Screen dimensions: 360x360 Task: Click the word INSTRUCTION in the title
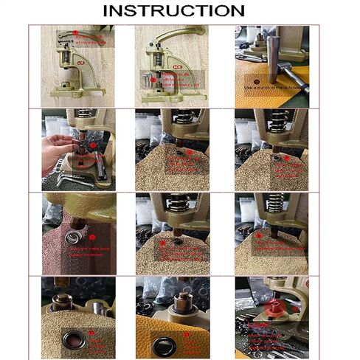pos(173,10)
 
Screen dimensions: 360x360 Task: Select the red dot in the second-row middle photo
pos(190,153)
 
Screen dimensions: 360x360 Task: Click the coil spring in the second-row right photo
pos(277,122)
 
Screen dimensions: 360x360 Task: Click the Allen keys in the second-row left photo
pos(58,179)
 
